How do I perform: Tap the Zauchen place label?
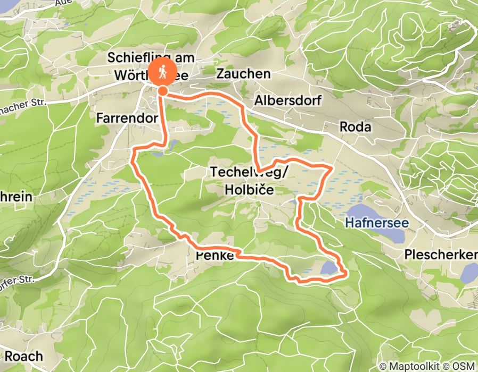[243, 74]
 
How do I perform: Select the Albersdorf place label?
[287, 100]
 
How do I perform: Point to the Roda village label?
[356, 127]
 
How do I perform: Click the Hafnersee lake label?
[377, 223]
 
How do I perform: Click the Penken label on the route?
[215, 256]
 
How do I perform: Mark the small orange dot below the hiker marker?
[163, 91]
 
